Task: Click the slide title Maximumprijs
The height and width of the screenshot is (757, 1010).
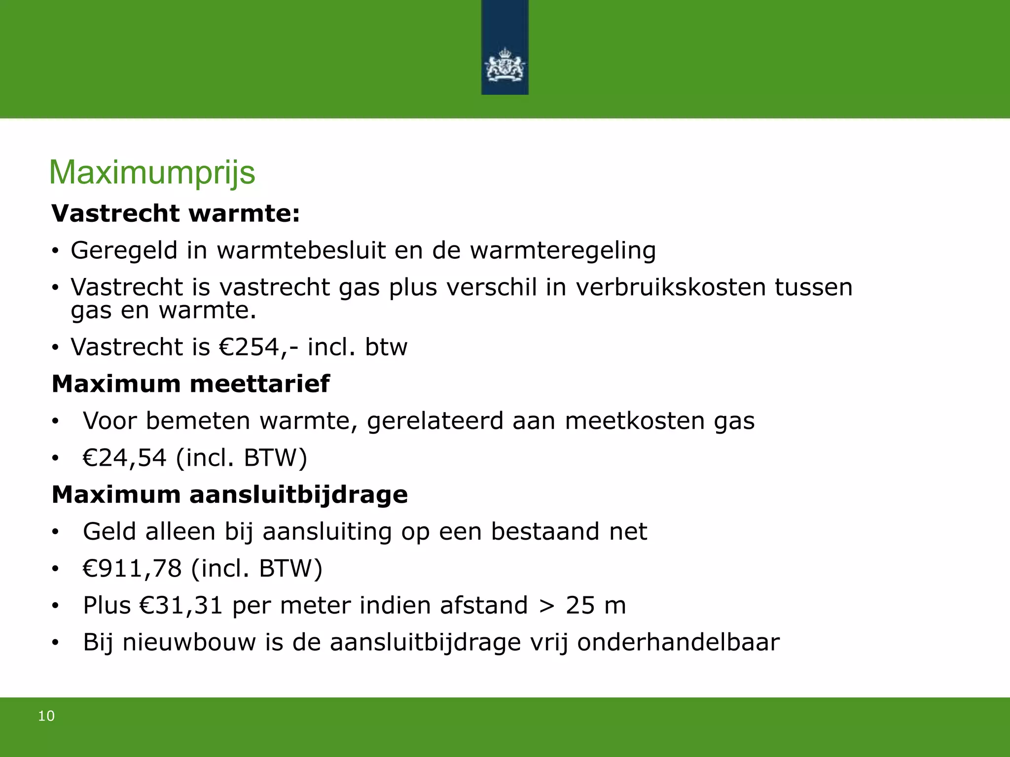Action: [x=152, y=172]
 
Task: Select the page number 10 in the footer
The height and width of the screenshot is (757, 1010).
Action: [x=46, y=716]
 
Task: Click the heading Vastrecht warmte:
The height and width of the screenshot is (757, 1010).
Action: [x=176, y=213]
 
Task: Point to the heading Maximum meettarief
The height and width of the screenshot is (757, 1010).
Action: [x=190, y=384]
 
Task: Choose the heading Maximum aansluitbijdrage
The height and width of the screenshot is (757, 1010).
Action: [x=229, y=495]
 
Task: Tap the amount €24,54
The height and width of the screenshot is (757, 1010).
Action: [x=124, y=458]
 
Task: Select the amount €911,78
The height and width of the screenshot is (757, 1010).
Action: [x=132, y=569]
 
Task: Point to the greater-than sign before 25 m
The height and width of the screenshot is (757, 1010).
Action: [x=546, y=606]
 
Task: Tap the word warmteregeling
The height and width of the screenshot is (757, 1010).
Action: [x=563, y=250]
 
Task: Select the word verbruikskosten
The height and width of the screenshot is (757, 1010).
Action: [x=671, y=287]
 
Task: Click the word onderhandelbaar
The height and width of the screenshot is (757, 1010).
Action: [x=678, y=642]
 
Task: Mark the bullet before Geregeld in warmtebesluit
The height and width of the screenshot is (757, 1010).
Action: [x=55, y=251]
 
